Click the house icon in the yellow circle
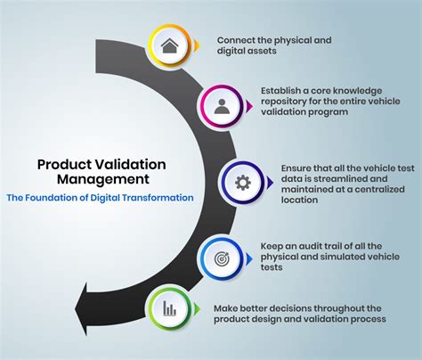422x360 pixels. click(169, 45)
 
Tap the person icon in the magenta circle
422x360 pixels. click(222, 107)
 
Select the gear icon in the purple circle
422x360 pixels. click(243, 183)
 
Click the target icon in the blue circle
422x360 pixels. click(222, 258)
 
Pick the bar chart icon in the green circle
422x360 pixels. click(169, 308)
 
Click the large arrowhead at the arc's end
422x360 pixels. click(85, 309)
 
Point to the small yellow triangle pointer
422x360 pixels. click(197, 45)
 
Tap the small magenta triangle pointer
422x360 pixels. click(249, 106)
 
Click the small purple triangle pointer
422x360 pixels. click(270, 183)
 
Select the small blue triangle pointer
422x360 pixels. click(249, 258)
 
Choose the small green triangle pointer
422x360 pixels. click(197, 309)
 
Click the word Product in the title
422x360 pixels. click(64, 164)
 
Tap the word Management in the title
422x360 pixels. click(103, 179)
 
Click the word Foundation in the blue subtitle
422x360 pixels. click(52, 198)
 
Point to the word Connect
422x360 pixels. click(236, 40)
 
